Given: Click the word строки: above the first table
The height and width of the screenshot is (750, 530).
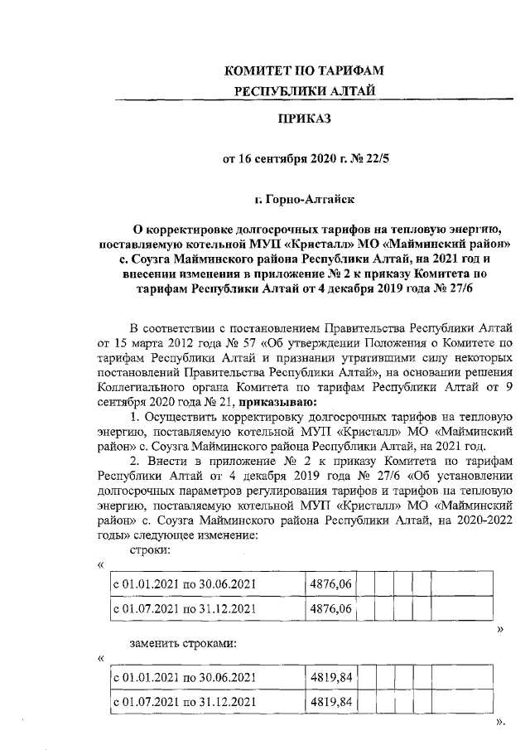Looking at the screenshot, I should (x=151, y=550).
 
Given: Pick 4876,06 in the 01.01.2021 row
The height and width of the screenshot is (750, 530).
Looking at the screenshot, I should (x=330, y=586).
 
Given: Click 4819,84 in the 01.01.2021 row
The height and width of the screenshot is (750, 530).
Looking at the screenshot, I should (x=331, y=679).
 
